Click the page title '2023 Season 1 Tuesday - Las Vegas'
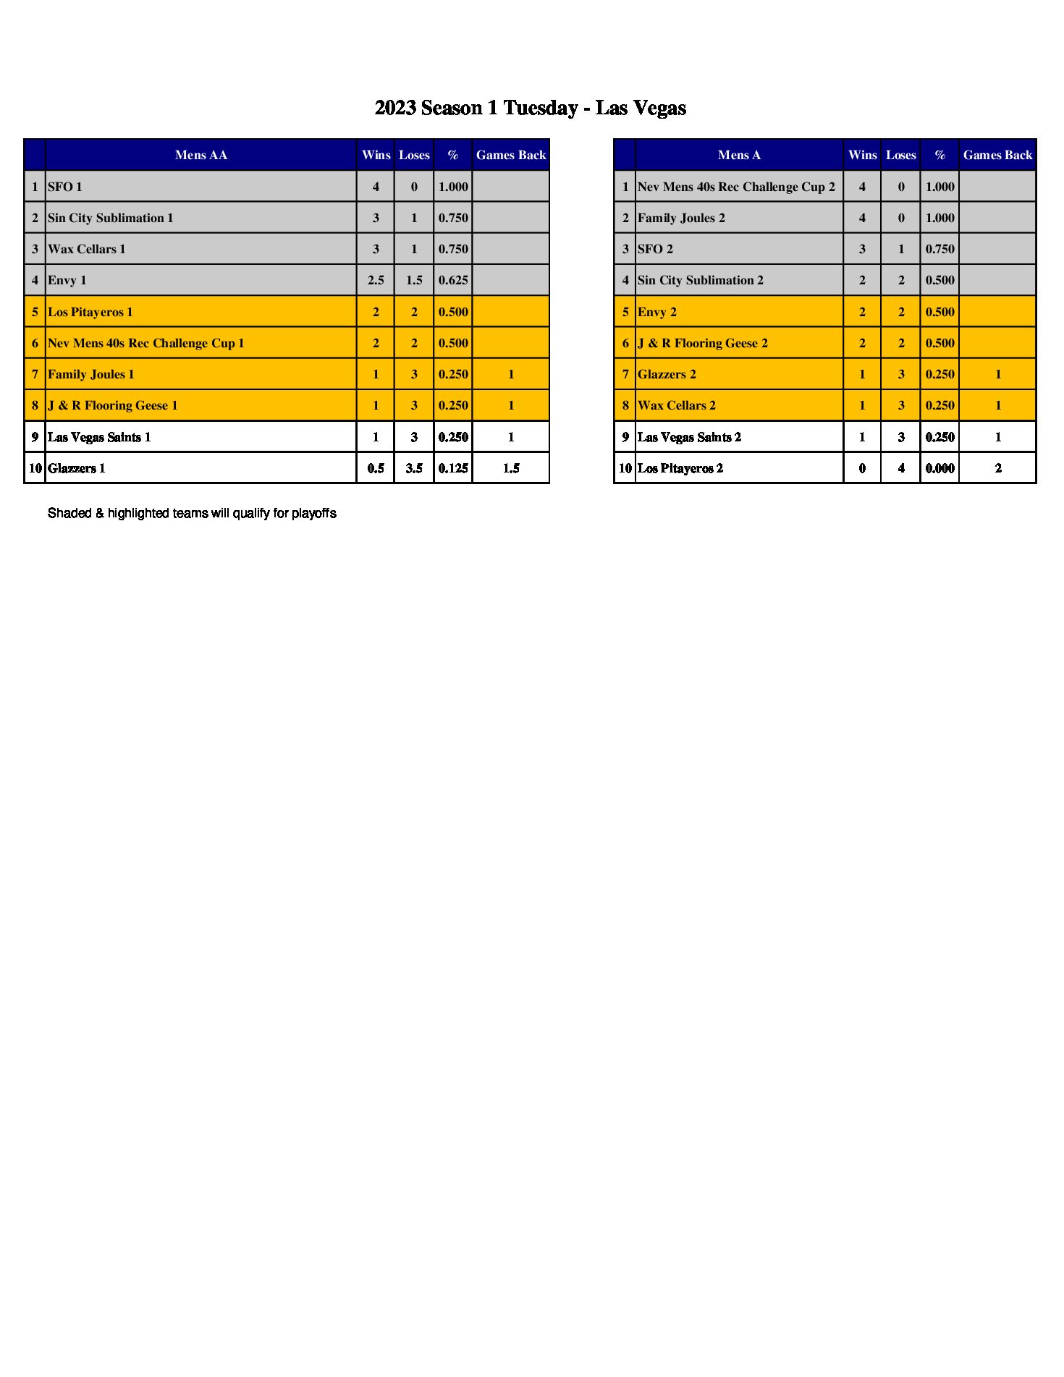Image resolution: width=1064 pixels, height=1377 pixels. (530, 109)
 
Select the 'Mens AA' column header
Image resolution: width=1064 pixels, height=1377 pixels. (200, 155)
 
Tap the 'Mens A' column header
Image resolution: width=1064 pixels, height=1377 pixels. (738, 155)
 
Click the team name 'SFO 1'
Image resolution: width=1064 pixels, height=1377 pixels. (65, 187)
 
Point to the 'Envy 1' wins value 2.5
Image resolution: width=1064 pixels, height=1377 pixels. (375, 280)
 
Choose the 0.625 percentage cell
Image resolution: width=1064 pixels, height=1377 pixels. (452, 280)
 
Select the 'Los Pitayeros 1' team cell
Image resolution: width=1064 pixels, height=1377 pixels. (90, 312)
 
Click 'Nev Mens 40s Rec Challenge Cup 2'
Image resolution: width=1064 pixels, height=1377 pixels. (736, 187)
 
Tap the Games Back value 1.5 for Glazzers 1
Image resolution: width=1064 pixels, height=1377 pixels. (510, 468)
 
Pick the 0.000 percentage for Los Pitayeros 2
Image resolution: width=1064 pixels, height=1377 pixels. (940, 468)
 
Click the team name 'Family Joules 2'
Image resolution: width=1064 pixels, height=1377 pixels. (681, 218)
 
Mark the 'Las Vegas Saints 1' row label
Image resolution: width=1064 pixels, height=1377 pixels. (99, 437)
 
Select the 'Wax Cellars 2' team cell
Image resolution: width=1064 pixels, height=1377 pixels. (676, 405)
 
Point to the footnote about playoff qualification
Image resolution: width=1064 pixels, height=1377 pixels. (192, 513)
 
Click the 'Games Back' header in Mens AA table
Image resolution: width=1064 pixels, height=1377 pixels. (510, 155)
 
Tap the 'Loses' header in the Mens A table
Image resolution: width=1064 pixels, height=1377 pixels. (900, 155)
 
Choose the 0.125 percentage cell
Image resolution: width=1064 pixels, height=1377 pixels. (452, 468)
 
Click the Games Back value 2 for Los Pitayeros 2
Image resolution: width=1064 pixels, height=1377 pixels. (997, 468)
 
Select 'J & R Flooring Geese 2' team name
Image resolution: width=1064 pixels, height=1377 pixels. (702, 343)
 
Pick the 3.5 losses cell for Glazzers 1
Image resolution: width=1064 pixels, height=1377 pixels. (414, 468)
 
